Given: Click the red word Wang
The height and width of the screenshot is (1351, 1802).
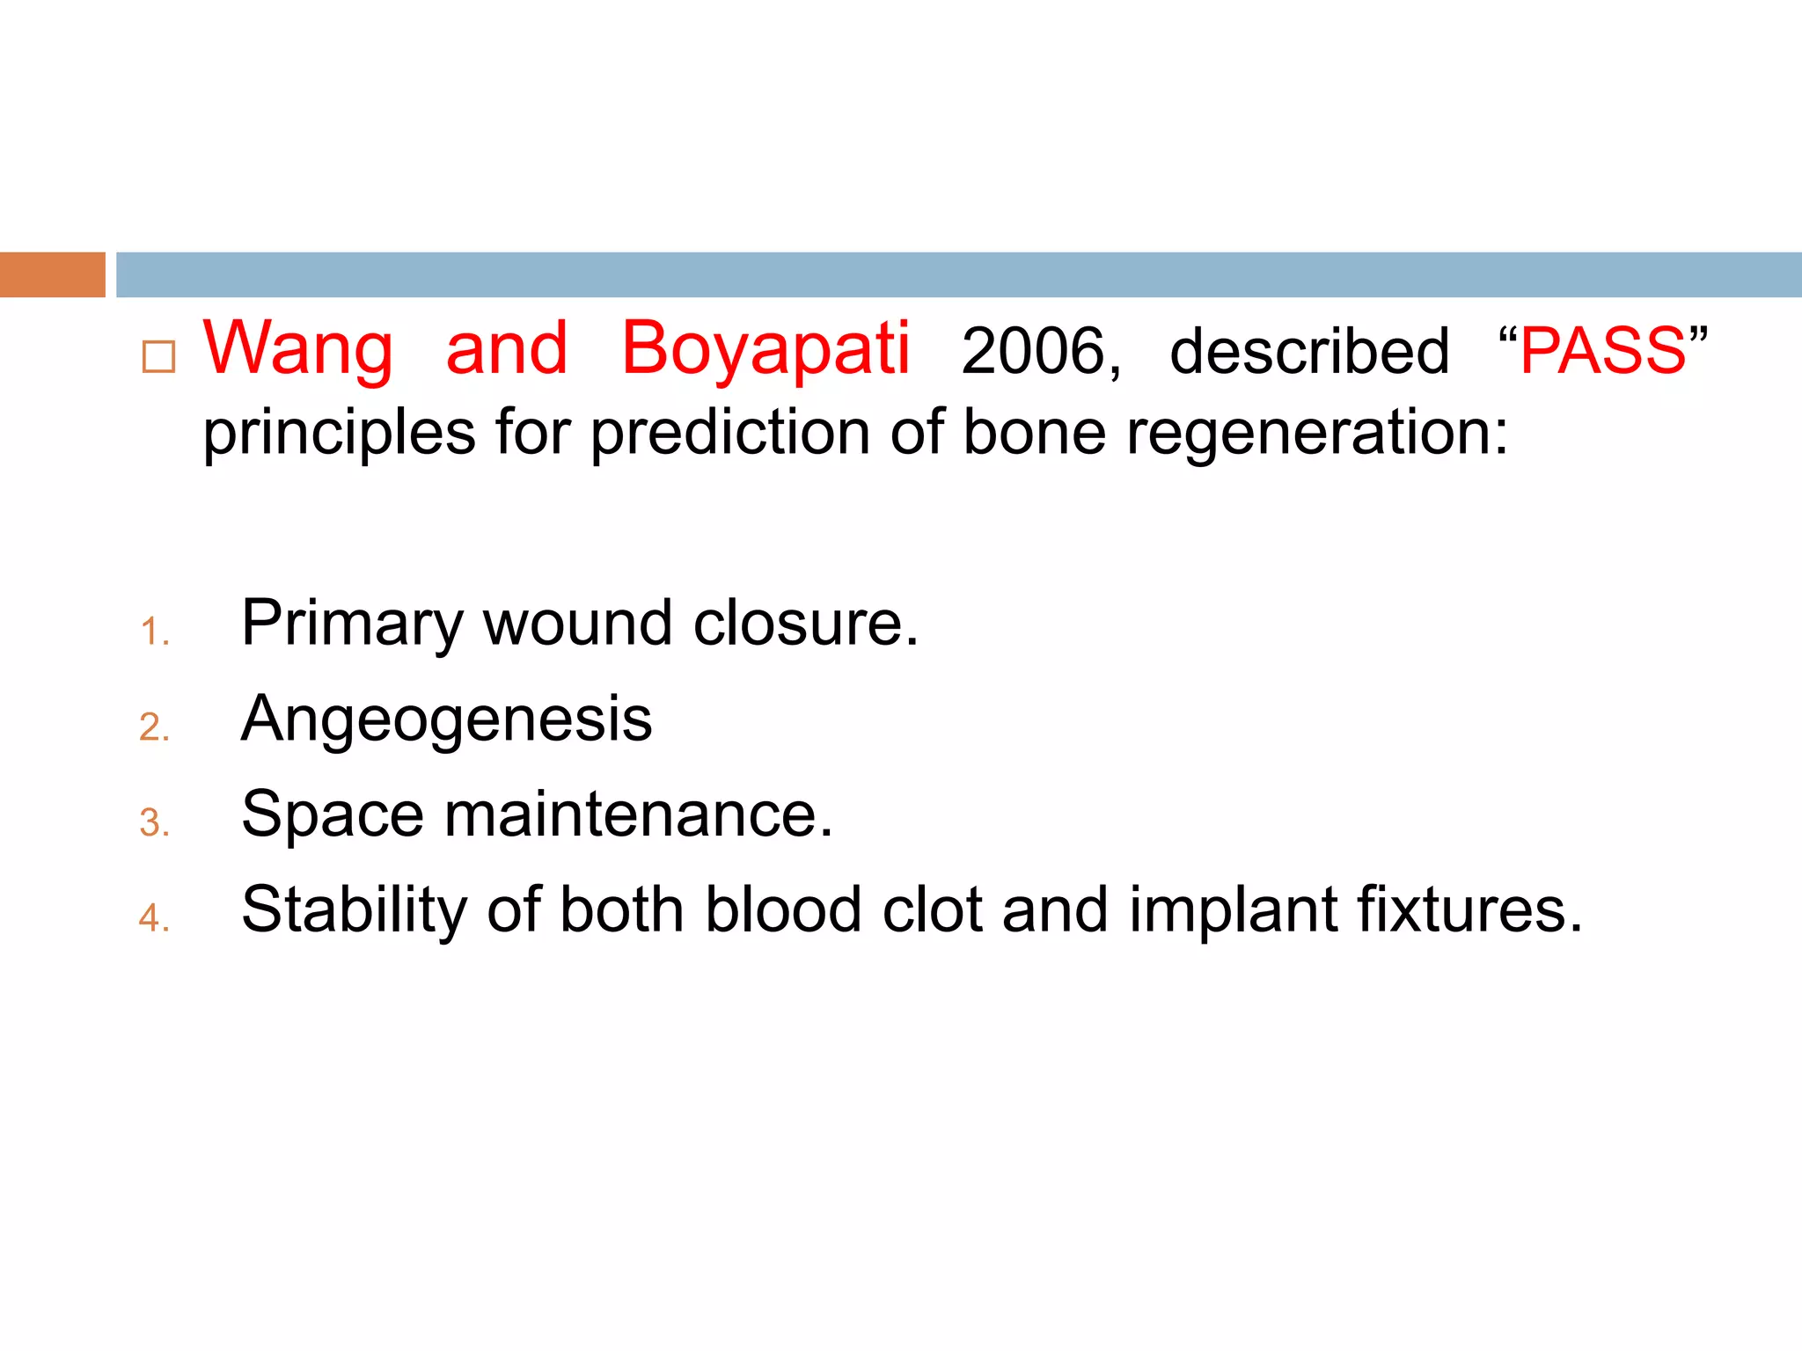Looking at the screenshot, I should pos(297,350).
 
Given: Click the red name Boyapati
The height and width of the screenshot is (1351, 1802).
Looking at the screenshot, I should pos(765,350).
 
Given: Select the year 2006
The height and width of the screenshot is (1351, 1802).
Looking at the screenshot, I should pos(1040,352).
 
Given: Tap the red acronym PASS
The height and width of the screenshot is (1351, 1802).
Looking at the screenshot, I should pos(1602,351).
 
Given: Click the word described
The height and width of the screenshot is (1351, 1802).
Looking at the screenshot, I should pos(1308,352).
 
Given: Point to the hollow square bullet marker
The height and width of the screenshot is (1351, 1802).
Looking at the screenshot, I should pos(158,357).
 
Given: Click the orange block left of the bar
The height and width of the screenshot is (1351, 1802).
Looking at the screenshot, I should pos(52,274).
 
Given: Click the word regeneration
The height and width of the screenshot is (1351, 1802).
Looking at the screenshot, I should pos(1315,433).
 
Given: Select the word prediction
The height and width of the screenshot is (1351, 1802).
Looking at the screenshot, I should pos(729,433).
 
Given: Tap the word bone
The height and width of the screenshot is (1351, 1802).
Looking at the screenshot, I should pos(1034,433).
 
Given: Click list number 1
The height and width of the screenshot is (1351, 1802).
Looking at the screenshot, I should pos(154,632).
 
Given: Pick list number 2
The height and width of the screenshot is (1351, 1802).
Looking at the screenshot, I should pos(154,727).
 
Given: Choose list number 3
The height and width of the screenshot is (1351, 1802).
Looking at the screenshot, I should pos(154,823).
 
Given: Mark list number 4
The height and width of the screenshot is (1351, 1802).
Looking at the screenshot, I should pos(154,918).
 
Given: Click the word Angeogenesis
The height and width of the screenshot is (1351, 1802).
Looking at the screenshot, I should pos(446,719).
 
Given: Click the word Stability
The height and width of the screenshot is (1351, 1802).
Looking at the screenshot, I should pos(354,909).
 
